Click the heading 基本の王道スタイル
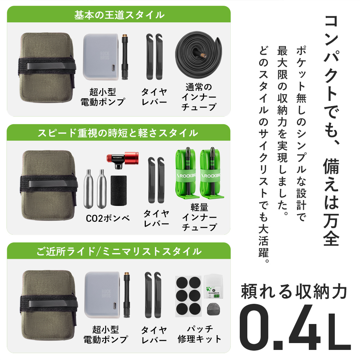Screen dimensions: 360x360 coord(119,15)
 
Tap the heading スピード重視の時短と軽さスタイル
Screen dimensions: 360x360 coord(119,133)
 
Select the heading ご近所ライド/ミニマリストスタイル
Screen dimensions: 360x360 coord(119,251)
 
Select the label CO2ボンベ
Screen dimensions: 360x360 coord(108,218)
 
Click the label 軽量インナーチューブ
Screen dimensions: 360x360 coord(199,218)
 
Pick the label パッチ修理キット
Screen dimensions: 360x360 coord(199,334)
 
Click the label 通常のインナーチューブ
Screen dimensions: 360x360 coord(199,97)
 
